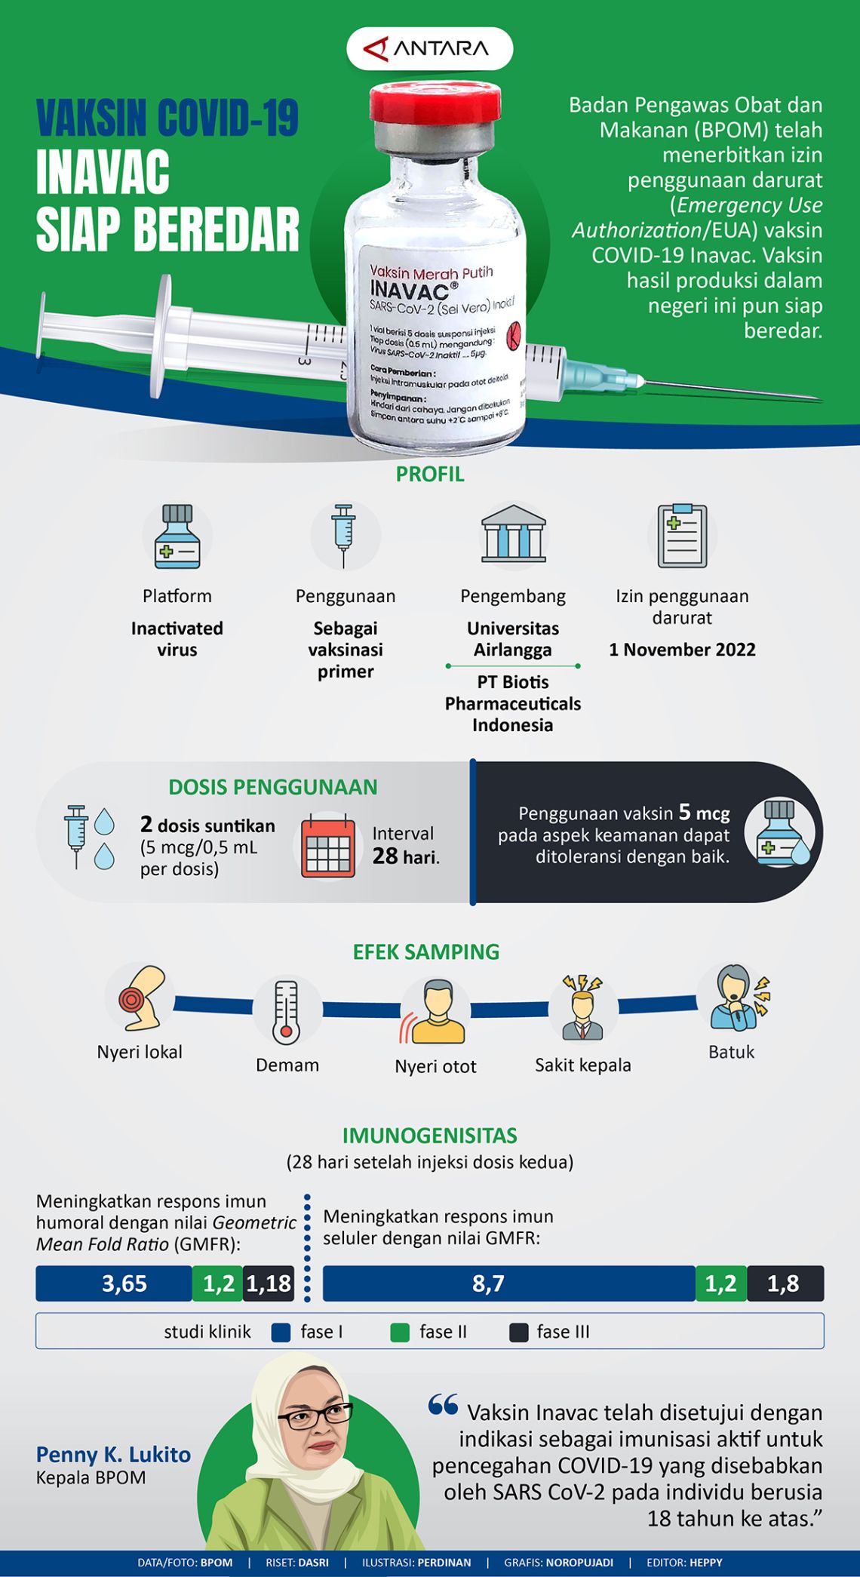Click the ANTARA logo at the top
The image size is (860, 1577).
(429, 49)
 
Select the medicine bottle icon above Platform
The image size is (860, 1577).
(177, 536)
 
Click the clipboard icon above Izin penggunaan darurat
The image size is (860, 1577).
(682, 536)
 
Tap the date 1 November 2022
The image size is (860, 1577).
(682, 650)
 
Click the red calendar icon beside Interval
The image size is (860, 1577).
(328, 846)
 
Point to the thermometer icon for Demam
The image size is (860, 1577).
(286, 1012)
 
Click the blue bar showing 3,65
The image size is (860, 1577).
(114, 1283)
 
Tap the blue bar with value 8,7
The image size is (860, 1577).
(508, 1283)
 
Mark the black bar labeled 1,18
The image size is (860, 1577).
(269, 1283)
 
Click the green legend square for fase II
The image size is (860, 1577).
(400, 1333)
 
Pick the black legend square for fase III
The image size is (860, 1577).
(518, 1333)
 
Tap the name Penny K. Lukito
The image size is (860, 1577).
(113, 1455)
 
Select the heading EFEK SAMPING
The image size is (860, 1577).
(426, 951)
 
